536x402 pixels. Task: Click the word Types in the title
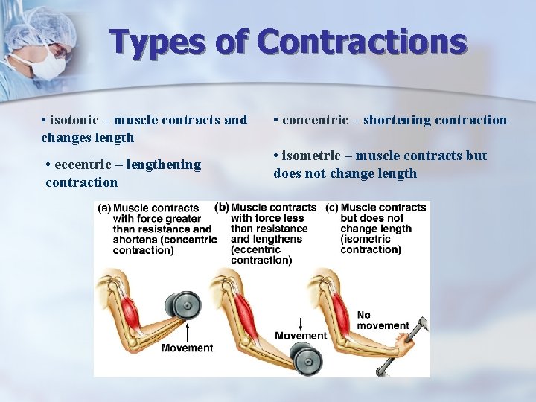pyautogui.click(x=156, y=43)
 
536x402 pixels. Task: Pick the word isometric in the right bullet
pyautogui.click(x=313, y=156)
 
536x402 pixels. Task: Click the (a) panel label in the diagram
pyautogui.click(x=104, y=208)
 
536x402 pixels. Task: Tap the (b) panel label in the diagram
pyautogui.click(x=222, y=208)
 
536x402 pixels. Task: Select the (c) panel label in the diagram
pyautogui.click(x=331, y=208)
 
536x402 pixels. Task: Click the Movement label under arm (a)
pyautogui.click(x=187, y=348)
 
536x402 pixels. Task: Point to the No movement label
pyautogui.click(x=383, y=320)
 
